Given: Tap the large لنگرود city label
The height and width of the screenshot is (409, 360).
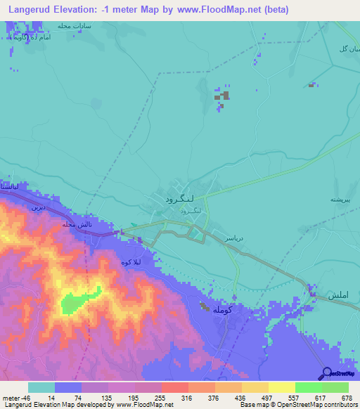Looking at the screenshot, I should tap(173, 199).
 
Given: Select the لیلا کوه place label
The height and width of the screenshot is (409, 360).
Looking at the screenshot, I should tap(133, 262).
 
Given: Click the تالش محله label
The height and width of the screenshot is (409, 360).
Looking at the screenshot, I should tap(77, 224).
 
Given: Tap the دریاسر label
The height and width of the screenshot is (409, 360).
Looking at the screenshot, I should tap(233, 239).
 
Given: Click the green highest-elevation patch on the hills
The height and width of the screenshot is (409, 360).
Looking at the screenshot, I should tap(75, 303).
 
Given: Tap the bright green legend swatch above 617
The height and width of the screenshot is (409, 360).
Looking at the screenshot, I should tap(309, 387).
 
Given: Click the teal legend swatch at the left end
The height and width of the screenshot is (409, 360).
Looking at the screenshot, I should tap(41, 387).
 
